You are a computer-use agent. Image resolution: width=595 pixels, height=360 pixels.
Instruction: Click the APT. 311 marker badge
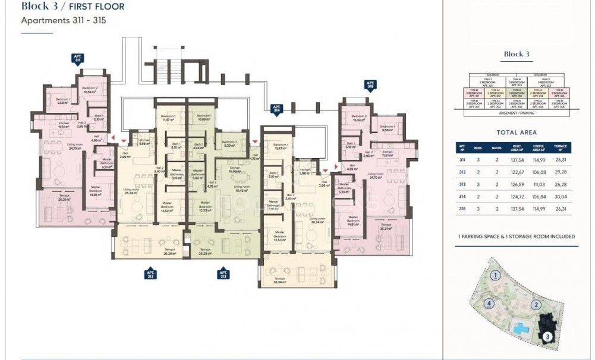(77, 58)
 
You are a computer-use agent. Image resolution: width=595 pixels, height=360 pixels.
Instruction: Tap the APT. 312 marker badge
(150, 274)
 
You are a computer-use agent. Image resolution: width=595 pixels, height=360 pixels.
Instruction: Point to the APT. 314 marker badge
(276, 109)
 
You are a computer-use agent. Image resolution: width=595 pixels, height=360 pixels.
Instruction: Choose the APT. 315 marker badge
(370, 84)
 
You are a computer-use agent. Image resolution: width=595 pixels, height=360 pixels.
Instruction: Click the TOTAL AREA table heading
(516, 132)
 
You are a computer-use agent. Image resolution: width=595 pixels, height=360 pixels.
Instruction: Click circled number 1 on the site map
(495, 275)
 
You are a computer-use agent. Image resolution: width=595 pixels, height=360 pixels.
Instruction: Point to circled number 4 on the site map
(489, 304)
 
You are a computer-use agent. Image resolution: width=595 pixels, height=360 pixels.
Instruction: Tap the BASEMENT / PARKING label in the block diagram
(517, 112)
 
